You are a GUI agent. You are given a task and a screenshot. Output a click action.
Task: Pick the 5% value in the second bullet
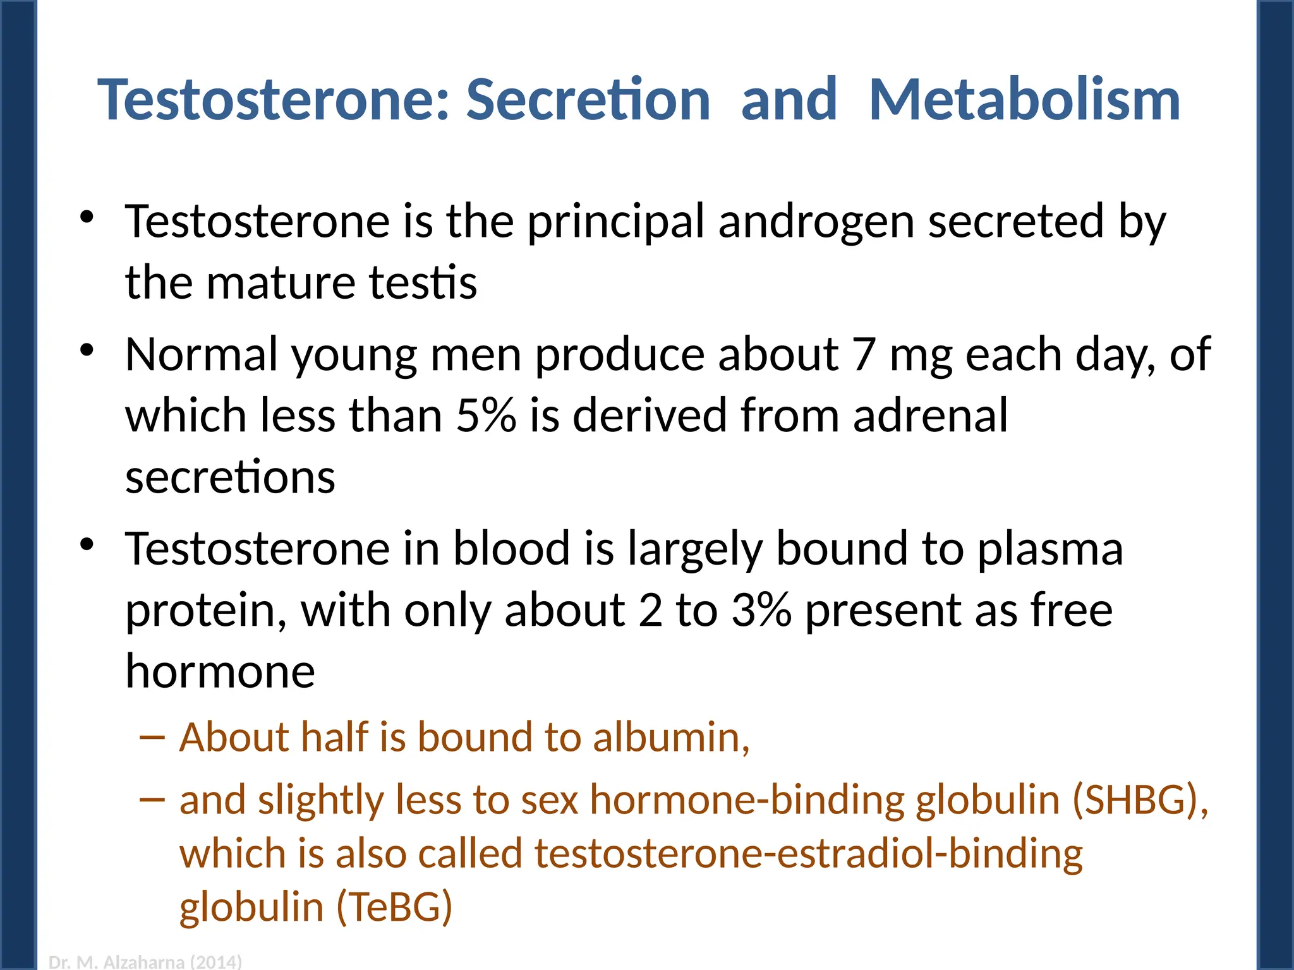click(486, 416)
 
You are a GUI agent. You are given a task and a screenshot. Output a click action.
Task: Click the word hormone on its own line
click(220, 671)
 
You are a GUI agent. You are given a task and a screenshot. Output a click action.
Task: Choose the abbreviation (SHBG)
click(1140, 800)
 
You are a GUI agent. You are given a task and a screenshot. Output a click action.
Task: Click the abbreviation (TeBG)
click(395, 907)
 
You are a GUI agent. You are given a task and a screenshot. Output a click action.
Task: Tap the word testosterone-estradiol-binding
click(809, 854)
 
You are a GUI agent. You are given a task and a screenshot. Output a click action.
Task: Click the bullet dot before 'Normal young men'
click(87, 350)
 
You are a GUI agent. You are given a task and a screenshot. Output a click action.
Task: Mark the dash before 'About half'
click(152, 737)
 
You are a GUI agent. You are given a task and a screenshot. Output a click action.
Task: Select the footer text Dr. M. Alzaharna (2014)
click(145, 962)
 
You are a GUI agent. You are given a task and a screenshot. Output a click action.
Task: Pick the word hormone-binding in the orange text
click(748, 800)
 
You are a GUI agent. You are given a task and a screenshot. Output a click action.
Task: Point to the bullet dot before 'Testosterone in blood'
click(87, 544)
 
